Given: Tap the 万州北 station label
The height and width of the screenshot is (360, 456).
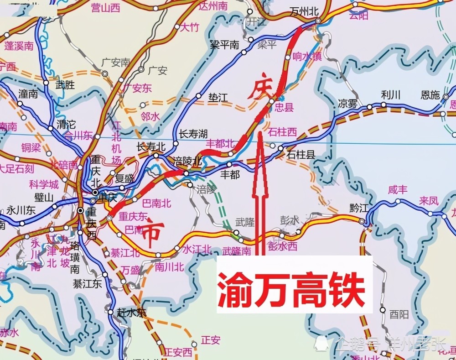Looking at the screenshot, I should [x=304, y=12].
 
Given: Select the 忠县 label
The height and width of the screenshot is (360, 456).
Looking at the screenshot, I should [x=285, y=108].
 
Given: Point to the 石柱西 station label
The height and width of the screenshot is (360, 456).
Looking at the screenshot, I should [x=282, y=132].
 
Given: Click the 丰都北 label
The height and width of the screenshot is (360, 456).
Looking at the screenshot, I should [x=220, y=143].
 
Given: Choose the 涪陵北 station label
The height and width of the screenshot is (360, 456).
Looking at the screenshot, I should [x=188, y=162].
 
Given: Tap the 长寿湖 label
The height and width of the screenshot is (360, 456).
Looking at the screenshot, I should [x=193, y=134].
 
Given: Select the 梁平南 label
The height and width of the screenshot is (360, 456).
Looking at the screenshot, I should [x=224, y=45].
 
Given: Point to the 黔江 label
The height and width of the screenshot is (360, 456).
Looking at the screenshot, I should [x=359, y=208].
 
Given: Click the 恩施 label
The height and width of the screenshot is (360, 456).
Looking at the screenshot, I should [x=430, y=95].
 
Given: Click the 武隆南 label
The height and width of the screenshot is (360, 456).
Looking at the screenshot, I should [x=237, y=250].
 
